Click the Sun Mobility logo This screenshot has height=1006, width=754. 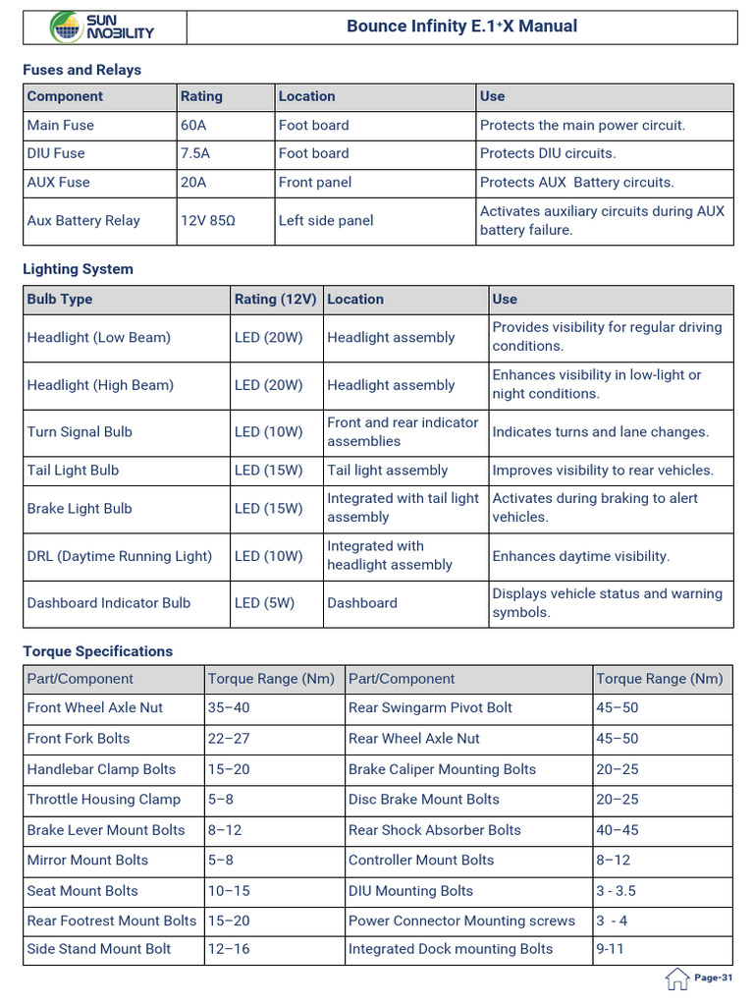click(103, 27)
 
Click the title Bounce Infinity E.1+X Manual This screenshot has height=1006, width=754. click(461, 27)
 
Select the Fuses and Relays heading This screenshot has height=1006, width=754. click(82, 70)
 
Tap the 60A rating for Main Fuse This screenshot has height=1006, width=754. click(195, 125)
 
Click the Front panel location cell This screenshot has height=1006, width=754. click(314, 182)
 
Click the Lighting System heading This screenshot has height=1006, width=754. click(79, 269)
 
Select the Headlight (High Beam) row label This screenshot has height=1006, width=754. click(100, 385)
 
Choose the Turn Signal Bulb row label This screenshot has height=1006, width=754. click(80, 431)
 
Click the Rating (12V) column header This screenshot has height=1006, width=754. click(276, 299)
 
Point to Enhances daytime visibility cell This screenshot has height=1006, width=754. click(581, 556)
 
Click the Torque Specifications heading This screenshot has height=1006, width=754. click(98, 651)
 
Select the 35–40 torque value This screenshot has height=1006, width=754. click(230, 707)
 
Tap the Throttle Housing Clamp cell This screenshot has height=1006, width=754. click(104, 799)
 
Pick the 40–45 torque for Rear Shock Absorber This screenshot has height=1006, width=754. click(617, 830)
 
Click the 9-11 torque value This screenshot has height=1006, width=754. click(610, 949)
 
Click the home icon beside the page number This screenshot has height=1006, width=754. click(676, 978)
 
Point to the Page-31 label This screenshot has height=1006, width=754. click(714, 978)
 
